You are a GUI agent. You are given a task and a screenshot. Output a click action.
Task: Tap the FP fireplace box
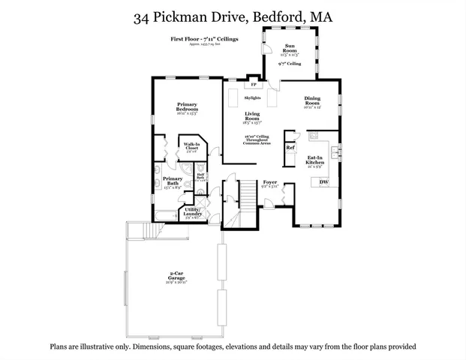click(242, 85)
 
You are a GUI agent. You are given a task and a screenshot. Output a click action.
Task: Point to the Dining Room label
click(313, 100)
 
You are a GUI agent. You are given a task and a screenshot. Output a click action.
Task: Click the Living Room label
click(252, 115)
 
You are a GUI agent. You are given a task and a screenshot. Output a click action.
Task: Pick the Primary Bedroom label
click(187, 106)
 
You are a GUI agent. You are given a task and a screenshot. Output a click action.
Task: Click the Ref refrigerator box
click(290, 148)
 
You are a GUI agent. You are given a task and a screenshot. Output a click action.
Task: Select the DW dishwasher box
click(324, 182)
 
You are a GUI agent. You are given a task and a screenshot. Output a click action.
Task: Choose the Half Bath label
click(200, 177)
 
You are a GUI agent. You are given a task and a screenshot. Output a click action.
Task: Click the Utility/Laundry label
click(192, 212)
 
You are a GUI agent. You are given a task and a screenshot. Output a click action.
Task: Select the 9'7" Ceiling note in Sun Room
click(289, 64)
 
